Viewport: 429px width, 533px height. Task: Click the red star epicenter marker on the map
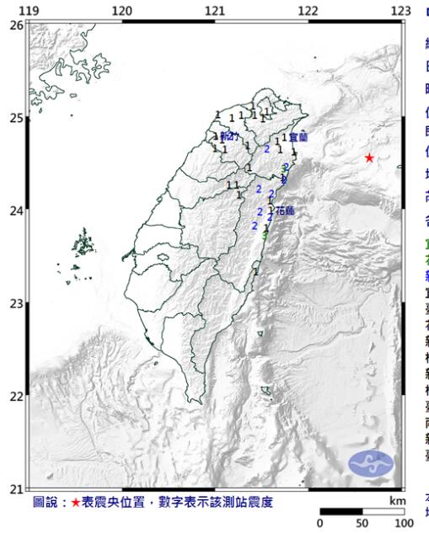point(369,157)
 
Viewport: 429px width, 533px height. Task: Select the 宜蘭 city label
point(298,136)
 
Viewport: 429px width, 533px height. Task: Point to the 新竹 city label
point(229,136)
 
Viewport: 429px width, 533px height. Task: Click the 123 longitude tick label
point(400,9)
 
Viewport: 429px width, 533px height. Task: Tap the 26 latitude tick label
point(16,25)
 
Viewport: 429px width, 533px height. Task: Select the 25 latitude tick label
point(16,118)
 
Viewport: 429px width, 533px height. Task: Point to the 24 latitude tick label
point(16,211)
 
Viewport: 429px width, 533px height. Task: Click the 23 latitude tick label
point(16,303)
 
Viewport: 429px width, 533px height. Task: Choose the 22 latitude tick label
point(16,396)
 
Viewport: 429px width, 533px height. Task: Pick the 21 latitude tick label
point(16,488)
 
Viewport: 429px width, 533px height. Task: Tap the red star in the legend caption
point(75,503)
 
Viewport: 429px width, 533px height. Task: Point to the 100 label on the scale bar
point(405,524)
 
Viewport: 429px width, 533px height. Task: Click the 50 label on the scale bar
point(362,524)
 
